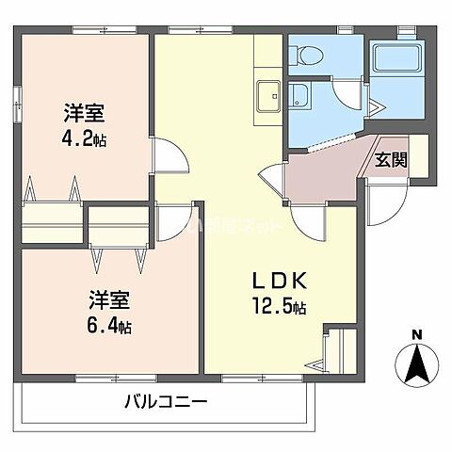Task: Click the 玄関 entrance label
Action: (x=391, y=159)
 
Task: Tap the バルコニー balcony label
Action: (x=166, y=402)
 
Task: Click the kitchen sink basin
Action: (x=267, y=95)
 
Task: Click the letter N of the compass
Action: (x=416, y=334)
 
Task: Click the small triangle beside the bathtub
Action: (x=376, y=110)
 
